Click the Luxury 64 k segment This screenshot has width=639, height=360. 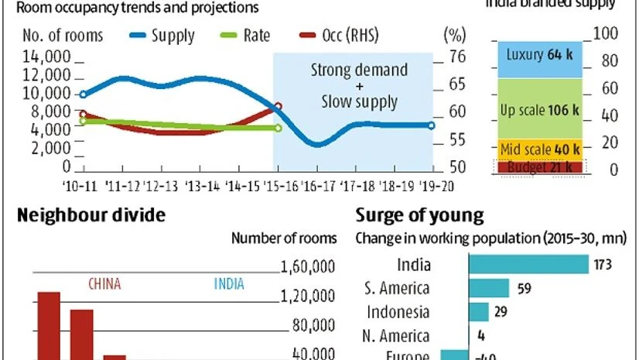(x=537, y=56)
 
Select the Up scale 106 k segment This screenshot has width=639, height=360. (x=537, y=109)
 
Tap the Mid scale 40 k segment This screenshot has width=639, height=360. (x=537, y=149)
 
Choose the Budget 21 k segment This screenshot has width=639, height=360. (x=537, y=166)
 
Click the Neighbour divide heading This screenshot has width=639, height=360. (x=91, y=215)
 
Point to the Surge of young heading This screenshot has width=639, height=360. (x=419, y=215)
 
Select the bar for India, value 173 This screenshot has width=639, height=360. (x=528, y=265)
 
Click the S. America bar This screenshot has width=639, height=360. (x=489, y=288)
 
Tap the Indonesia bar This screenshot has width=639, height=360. (x=478, y=312)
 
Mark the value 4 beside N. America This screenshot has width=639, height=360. (x=482, y=336)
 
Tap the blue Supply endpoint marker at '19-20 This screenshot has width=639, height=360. (x=431, y=125)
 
